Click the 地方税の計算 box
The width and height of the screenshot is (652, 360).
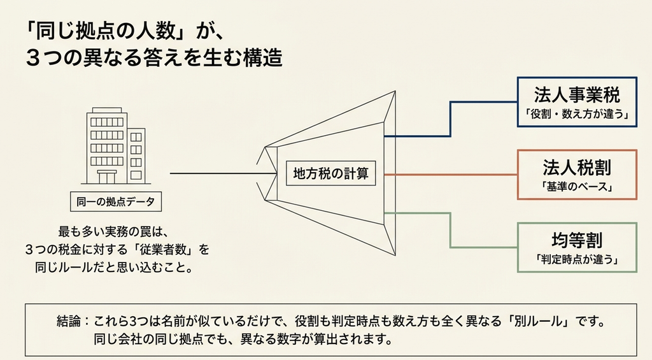click(330, 173)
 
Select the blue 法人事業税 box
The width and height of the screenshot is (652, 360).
click(577, 102)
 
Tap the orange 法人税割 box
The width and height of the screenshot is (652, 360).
click(577, 175)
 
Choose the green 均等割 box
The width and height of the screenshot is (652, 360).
click(577, 248)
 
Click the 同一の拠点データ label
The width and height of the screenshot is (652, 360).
click(116, 202)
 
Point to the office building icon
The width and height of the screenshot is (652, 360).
click(116, 146)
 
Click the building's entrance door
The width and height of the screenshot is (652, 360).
click(107, 177)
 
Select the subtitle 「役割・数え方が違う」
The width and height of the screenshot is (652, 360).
click(576, 113)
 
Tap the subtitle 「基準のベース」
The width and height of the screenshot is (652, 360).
click(577, 187)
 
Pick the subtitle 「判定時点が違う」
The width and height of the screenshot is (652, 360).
click(577, 259)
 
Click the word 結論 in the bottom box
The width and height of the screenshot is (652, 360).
click(68, 322)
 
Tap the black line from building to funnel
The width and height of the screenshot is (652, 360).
click(223, 173)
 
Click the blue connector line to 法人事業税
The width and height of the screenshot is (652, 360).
click(450, 119)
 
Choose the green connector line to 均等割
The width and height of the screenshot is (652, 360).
click(450, 230)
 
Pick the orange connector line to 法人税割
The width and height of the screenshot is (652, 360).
click(450, 175)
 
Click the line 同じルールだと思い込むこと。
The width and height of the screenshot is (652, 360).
click(115, 267)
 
